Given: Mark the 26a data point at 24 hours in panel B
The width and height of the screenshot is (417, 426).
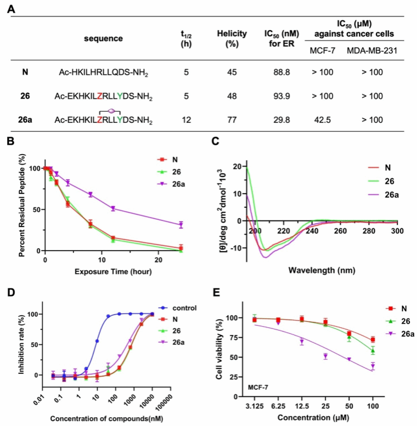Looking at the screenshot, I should pos(181,225).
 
